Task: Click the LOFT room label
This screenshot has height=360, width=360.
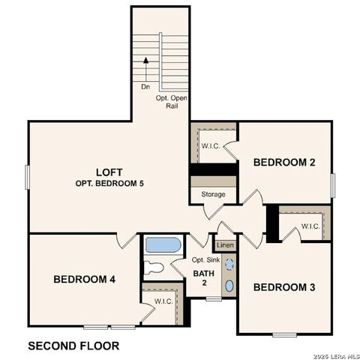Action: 109,171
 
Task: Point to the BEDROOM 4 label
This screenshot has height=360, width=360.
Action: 84,279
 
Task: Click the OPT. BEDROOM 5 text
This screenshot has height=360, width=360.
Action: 109,183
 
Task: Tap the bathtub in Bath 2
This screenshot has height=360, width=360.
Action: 163,244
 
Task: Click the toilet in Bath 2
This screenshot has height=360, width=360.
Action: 154,268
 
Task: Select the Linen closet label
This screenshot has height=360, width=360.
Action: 224,245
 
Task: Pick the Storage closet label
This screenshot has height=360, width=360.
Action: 212,194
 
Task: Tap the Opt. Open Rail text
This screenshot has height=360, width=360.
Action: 172,102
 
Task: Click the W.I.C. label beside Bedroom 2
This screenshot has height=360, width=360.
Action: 210,145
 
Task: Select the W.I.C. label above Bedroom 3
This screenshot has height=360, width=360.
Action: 310,226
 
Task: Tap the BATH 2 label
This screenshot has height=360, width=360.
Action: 204,278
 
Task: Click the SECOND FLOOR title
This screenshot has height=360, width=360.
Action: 73,346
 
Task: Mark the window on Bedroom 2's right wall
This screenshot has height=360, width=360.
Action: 332,185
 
